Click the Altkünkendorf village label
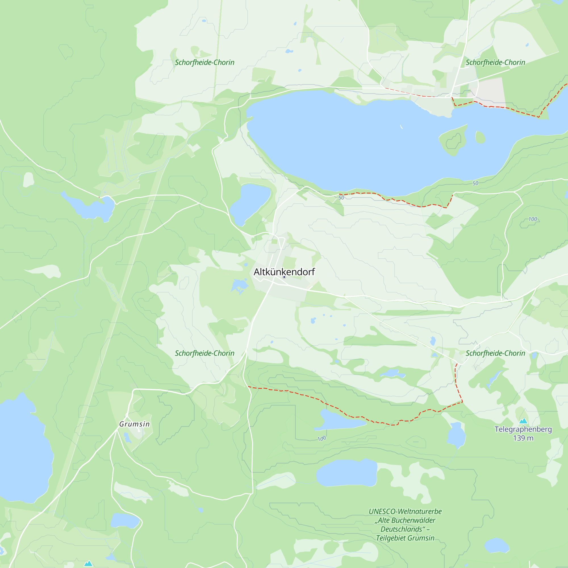(x=284, y=272)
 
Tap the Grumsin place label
(x=134, y=424)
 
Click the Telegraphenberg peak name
(x=523, y=429)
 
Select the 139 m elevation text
(x=523, y=438)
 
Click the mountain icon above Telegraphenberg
(x=523, y=421)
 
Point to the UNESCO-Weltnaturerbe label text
(x=405, y=511)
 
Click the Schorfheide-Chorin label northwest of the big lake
(x=204, y=62)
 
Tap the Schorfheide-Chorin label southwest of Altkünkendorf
(x=204, y=353)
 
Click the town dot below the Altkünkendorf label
(x=284, y=277)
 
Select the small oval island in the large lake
(x=480, y=137)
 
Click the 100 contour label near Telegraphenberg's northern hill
(x=532, y=219)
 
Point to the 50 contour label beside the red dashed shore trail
(x=341, y=198)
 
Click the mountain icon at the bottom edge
(x=88, y=563)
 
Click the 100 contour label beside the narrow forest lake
(x=322, y=439)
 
